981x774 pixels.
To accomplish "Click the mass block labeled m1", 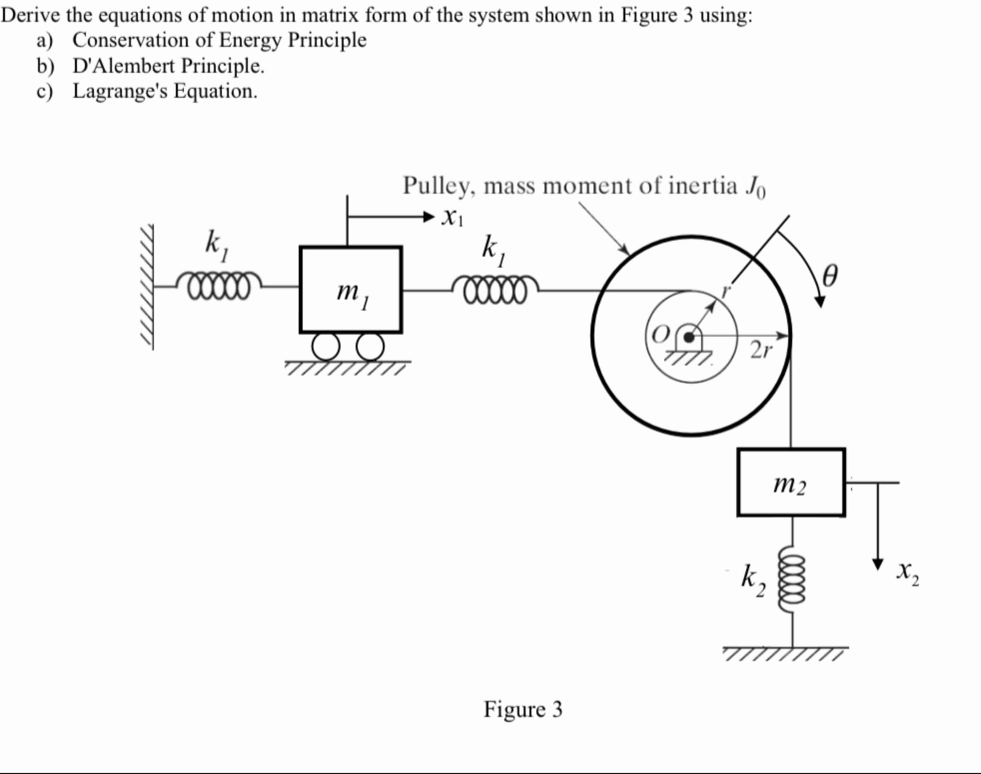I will (350, 290).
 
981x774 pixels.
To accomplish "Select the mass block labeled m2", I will (791, 482).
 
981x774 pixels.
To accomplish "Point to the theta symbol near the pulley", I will (829, 276).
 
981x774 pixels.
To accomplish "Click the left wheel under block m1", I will (325, 347).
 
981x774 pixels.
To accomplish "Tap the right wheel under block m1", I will (370, 347).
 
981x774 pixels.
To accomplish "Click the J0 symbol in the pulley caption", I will (755, 187).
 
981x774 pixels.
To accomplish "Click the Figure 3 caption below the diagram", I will (523, 709).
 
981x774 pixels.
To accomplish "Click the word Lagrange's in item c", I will (121, 91).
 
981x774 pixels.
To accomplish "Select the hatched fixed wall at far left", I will (147, 287).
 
